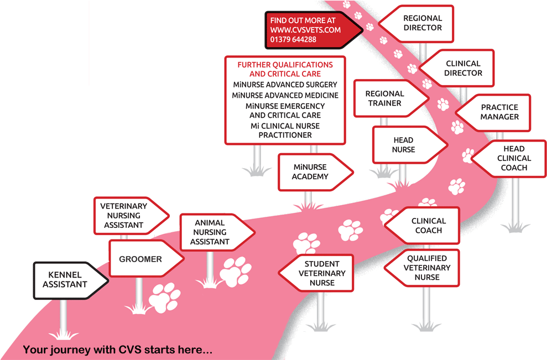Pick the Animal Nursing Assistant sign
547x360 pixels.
[213, 232]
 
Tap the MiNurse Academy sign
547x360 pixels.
[311, 172]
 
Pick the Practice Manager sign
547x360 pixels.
[497, 112]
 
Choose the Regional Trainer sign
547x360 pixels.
[385, 98]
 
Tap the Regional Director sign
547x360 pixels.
[421, 23]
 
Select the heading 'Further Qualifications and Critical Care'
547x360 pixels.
[285, 69]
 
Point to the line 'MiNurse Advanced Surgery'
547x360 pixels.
[285, 85]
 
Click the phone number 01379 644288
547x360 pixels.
[294, 40]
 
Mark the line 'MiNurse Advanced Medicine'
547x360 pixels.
[285, 95]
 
